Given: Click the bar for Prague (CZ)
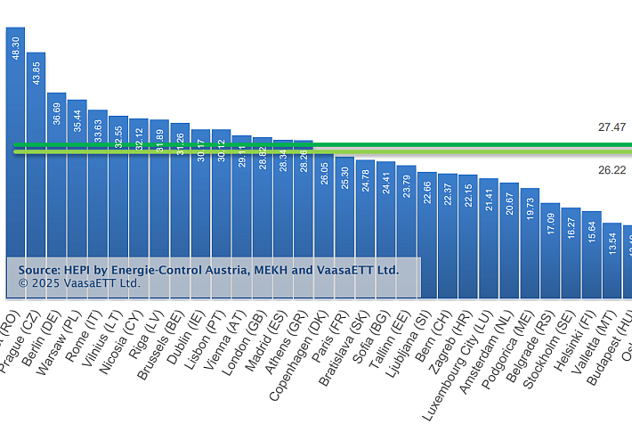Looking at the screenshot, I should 36,178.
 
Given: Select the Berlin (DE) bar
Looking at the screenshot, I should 56,196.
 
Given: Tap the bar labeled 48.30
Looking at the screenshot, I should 15,160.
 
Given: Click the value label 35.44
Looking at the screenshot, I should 77,121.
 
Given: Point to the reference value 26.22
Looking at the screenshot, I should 612,169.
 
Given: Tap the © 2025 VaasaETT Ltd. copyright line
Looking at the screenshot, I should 79,283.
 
